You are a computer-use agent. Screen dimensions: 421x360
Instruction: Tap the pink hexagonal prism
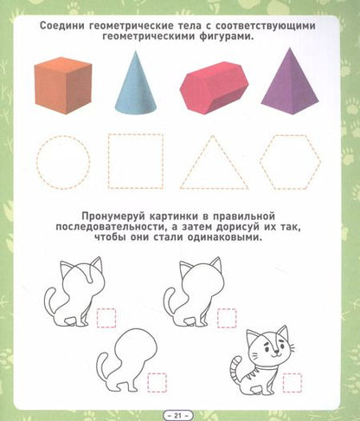tap(211, 87)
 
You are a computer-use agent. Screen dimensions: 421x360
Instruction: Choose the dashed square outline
tap(134, 161)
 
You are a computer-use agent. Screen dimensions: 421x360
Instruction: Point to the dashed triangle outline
tap(214, 165)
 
